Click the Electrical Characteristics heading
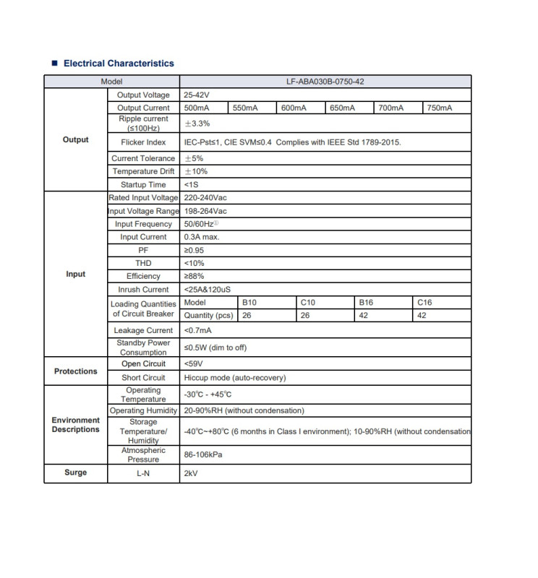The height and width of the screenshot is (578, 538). point(119,64)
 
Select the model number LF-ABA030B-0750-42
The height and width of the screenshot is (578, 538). point(325,82)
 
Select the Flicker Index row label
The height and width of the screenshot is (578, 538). point(143,142)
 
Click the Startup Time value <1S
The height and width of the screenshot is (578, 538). point(192,185)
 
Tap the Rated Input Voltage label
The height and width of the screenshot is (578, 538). point(143,198)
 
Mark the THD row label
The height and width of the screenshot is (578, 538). point(143,263)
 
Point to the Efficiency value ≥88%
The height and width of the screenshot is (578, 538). point(194,276)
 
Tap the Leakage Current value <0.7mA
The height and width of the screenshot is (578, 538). point(199,330)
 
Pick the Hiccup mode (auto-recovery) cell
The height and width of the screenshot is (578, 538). point(235,378)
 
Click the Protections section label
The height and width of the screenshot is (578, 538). point(75,371)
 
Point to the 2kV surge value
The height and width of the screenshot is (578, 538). point(191,473)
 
